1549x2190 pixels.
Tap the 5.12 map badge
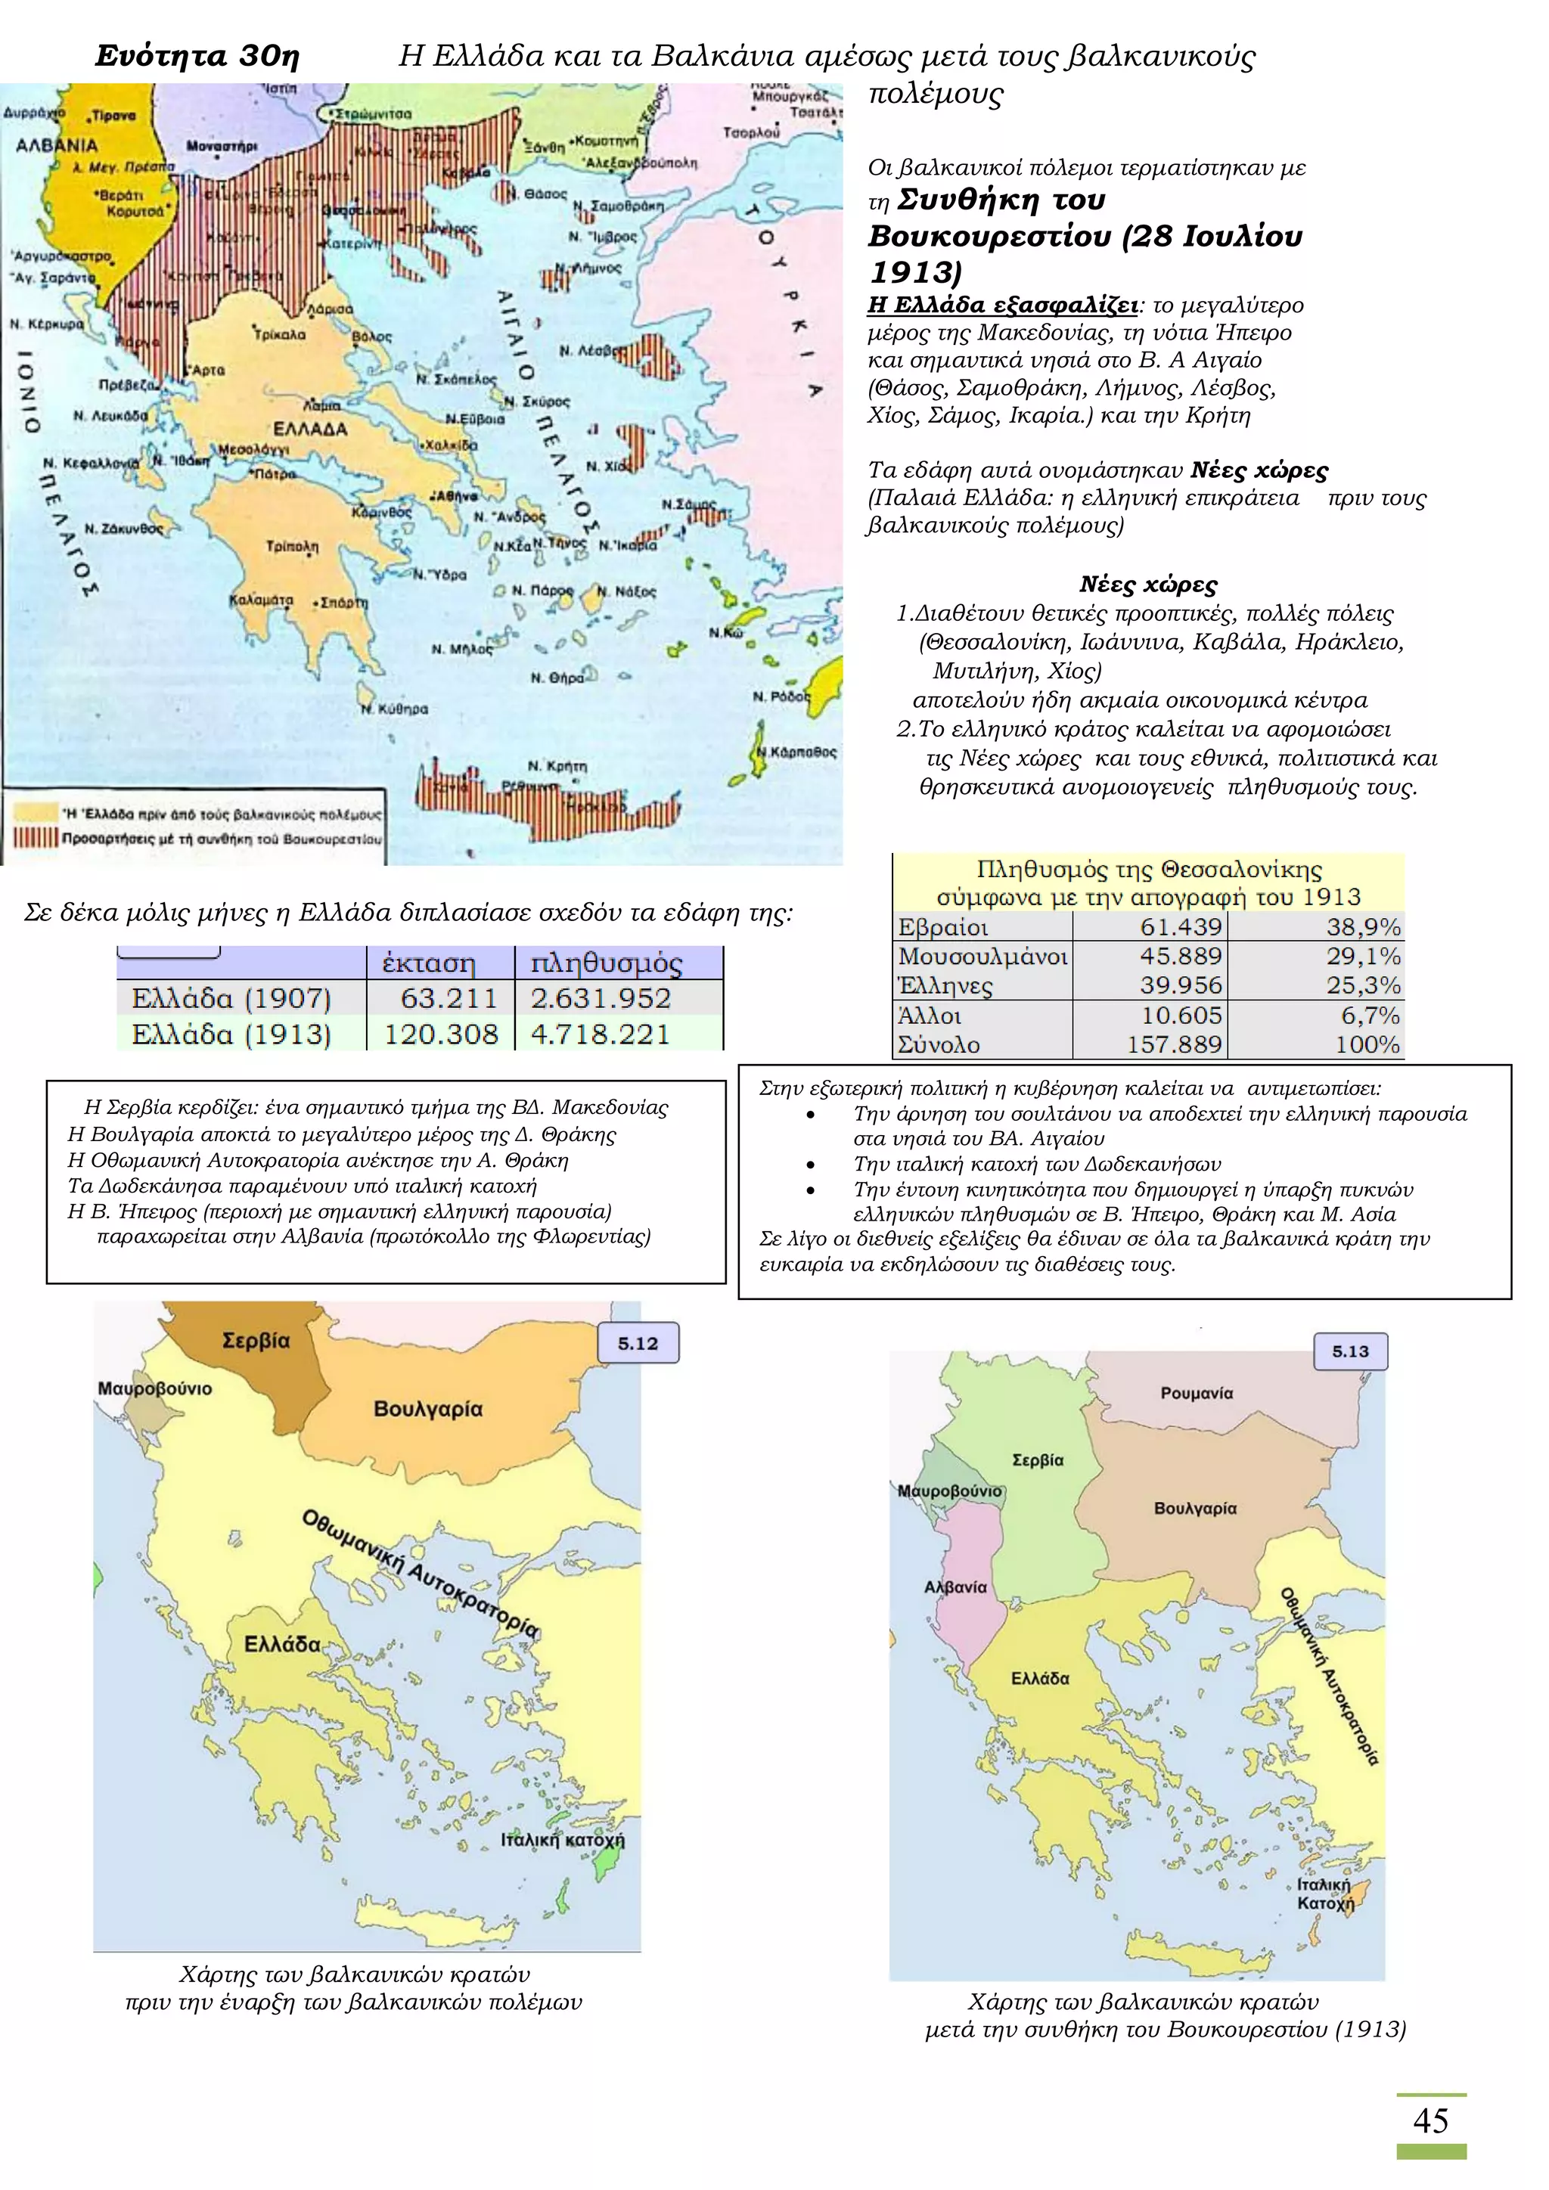tap(637, 1343)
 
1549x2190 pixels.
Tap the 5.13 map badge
tap(1349, 1351)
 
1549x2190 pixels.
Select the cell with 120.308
tap(441, 1034)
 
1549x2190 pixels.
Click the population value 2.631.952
tap(601, 999)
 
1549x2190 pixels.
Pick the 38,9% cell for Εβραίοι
tap(1363, 927)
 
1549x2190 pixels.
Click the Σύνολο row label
tap(939, 1044)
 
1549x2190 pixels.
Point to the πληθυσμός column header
tap(607, 963)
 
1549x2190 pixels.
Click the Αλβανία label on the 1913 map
tap(955, 1587)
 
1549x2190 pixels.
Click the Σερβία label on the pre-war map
tap(256, 1340)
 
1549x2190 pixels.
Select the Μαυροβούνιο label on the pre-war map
tap(154, 1388)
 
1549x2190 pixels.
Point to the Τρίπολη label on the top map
tap(293, 547)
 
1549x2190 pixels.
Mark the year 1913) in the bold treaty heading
tap(914, 273)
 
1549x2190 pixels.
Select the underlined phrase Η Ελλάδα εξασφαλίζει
tap(1002, 306)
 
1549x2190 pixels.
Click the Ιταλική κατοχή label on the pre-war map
tap(563, 1840)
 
